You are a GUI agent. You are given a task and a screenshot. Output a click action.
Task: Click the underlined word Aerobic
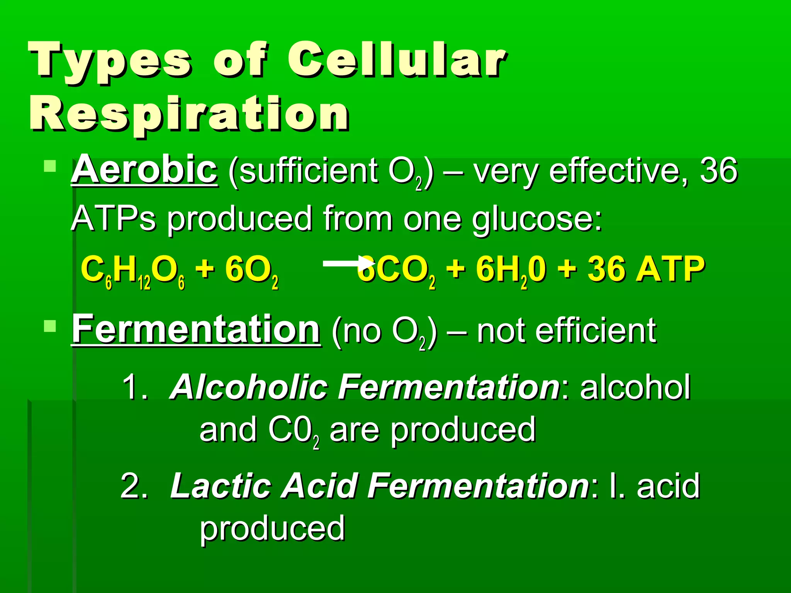[x=144, y=170]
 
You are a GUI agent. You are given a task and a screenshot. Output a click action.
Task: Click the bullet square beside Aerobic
[x=50, y=166]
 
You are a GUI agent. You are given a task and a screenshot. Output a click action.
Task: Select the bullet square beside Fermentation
[x=50, y=326]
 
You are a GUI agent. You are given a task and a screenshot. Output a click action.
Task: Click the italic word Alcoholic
[x=249, y=387]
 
